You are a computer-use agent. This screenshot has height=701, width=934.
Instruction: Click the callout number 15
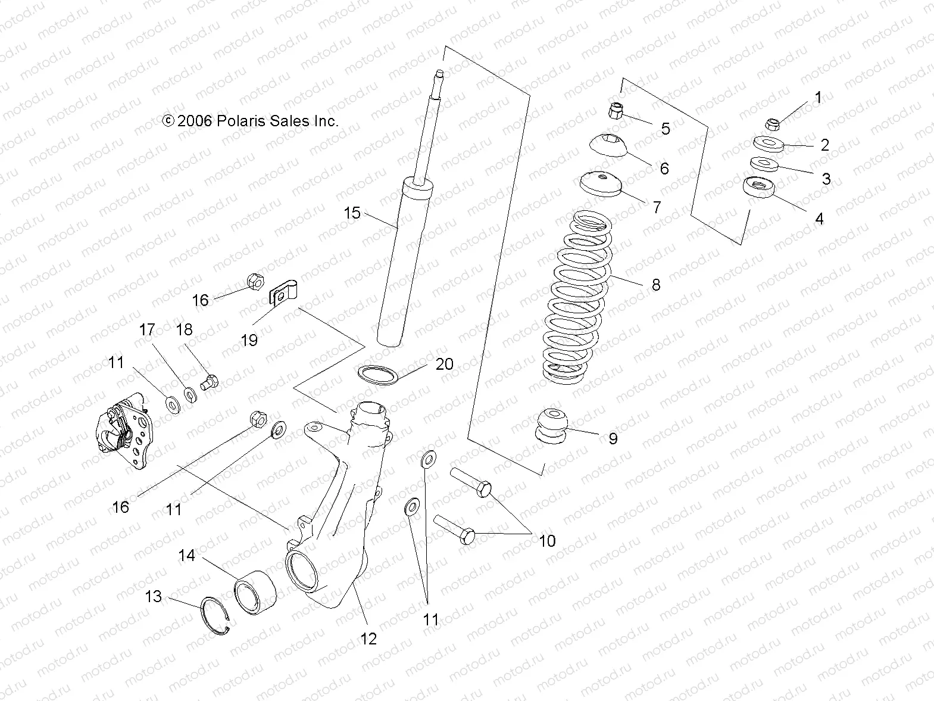pos(352,213)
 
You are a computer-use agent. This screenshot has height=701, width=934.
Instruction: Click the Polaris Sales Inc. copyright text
pos(251,121)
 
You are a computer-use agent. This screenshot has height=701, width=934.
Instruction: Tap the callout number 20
pos(444,364)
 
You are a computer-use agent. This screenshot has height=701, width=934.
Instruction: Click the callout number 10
pos(546,540)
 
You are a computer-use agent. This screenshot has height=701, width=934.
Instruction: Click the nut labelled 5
pos(617,110)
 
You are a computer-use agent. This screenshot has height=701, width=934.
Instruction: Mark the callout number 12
pos(368,638)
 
